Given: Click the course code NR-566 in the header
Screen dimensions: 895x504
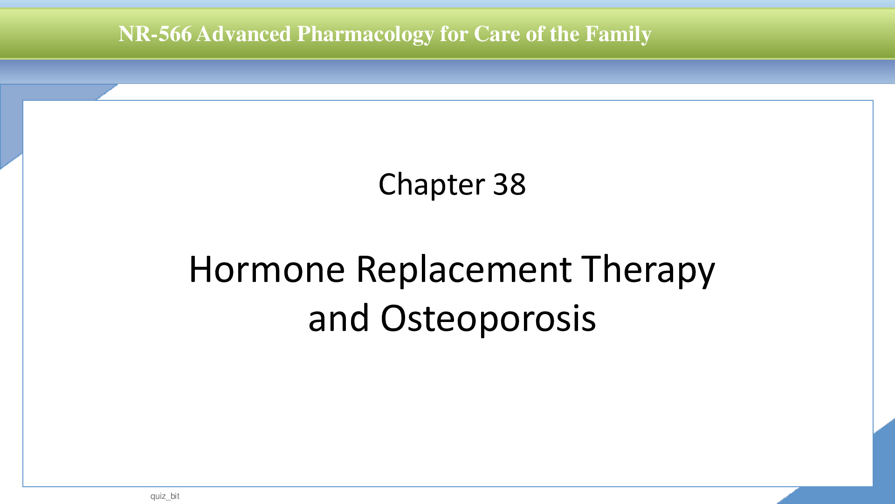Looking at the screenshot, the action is pyautogui.click(x=155, y=34).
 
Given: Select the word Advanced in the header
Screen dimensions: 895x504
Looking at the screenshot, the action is pyautogui.click(x=244, y=34).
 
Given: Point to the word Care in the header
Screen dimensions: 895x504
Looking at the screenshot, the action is pyautogui.click(x=497, y=34).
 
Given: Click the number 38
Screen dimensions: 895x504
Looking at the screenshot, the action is pyautogui.click(x=509, y=184).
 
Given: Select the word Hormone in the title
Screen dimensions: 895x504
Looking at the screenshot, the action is pyautogui.click(x=267, y=269).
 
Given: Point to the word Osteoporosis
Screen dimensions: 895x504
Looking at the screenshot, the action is pyautogui.click(x=488, y=318).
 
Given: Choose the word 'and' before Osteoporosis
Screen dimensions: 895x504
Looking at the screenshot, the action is pyautogui.click(x=339, y=318).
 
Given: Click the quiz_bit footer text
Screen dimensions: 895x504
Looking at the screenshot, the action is pyautogui.click(x=165, y=496).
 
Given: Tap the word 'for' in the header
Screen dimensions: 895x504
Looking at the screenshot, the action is pyautogui.click(x=454, y=34).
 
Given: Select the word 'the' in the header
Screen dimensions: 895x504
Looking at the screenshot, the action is pyautogui.click(x=565, y=34).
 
